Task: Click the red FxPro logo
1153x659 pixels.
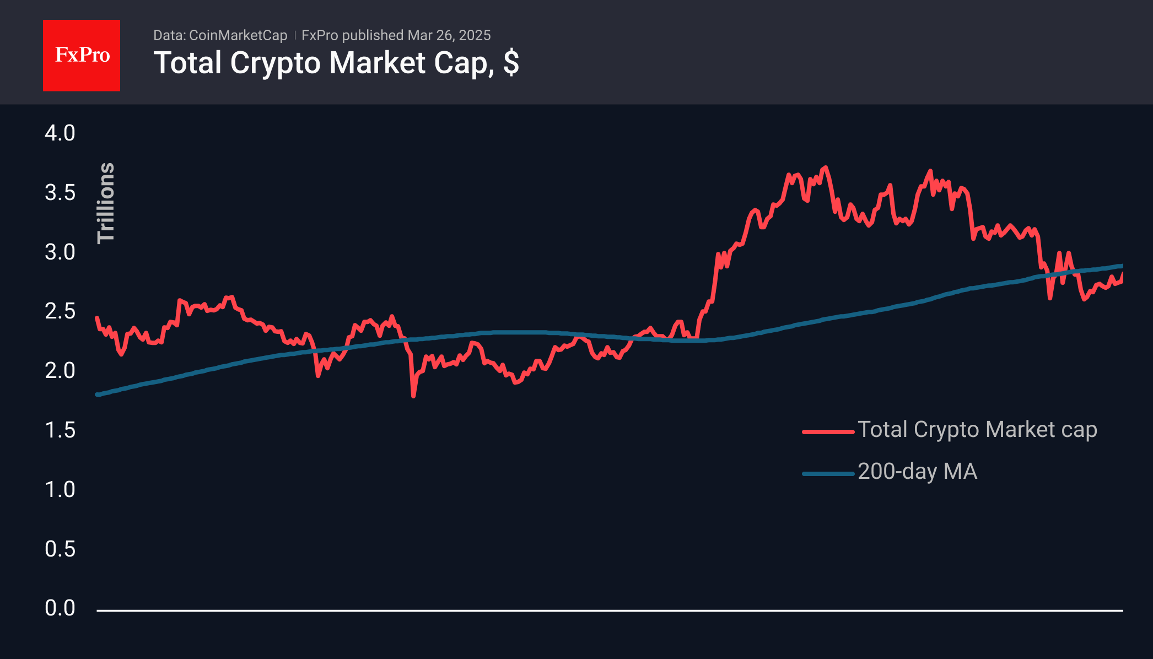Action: click(82, 56)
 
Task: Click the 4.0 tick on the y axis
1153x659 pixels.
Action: click(60, 133)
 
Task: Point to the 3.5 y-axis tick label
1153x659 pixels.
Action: click(60, 193)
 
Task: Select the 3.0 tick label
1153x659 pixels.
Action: click(60, 252)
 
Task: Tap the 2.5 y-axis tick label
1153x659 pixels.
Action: click(60, 311)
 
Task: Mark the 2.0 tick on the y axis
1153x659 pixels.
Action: click(60, 371)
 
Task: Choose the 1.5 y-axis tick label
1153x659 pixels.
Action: click(60, 430)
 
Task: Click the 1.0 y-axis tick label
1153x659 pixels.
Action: click(60, 490)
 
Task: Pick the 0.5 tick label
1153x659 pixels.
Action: click(60, 549)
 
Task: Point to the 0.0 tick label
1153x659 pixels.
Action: click(60, 608)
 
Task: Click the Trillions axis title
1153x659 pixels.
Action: click(106, 203)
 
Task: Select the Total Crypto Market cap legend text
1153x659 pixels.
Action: click(977, 430)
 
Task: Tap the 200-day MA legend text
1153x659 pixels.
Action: click(917, 472)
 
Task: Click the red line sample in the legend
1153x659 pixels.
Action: click(828, 432)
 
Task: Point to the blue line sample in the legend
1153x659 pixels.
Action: click(828, 474)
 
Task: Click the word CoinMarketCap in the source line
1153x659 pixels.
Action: click(238, 36)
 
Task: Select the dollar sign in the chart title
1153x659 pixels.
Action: click(511, 63)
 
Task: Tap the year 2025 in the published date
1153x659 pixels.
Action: click(475, 36)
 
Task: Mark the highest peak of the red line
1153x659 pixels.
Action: click(825, 167)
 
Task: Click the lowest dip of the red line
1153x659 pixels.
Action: click(413, 396)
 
